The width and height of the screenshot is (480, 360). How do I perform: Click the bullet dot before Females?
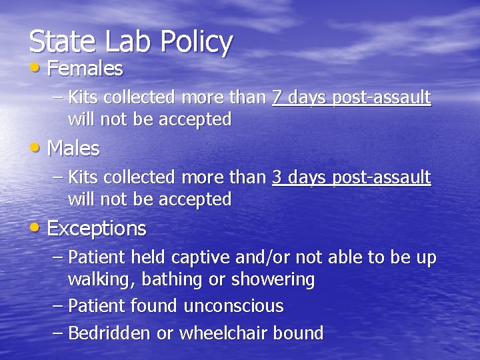(x=36, y=69)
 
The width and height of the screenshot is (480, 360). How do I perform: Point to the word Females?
(x=85, y=68)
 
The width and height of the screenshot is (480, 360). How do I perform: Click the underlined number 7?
(x=278, y=99)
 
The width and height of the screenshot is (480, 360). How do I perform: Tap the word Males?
(x=73, y=148)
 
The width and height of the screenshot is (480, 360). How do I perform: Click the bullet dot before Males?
(x=36, y=149)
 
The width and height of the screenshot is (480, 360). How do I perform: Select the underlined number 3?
(x=278, y=178)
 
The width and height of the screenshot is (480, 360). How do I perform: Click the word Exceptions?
(x=97, y=229)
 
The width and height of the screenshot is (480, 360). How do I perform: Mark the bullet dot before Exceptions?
(x=36, y=229)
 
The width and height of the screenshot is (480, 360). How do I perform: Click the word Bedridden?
(x=109, y=333)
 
